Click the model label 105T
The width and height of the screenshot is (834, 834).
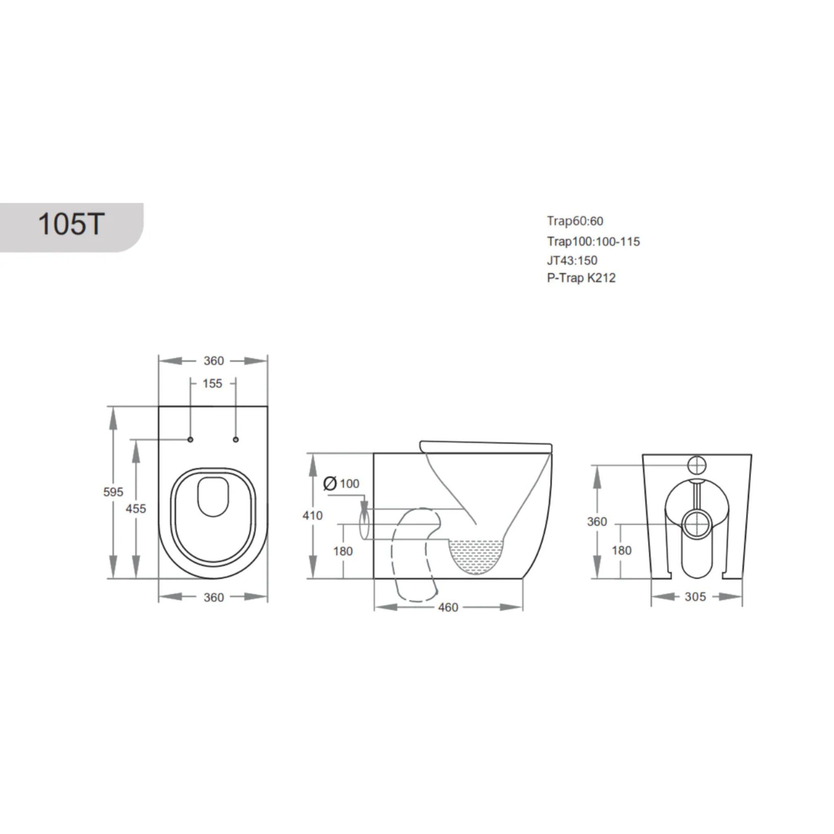point(71,224)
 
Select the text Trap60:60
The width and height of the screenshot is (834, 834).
point(575,221)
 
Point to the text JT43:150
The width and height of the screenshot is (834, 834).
point(572,260)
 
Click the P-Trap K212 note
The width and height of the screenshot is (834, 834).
point(581,278)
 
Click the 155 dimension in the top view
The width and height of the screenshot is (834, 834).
point(213,383)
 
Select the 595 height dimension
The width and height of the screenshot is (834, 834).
point(113,492)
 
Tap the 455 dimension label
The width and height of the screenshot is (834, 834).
point(136,509)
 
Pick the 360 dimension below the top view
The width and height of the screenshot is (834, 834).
point(214,597)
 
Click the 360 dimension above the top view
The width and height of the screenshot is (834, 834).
point(214,360)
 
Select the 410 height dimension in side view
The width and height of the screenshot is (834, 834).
point(312,516)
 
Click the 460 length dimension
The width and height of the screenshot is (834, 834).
point(448,607)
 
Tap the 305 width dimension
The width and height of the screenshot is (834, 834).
point(695,597)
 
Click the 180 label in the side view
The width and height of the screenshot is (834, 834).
point(343,551)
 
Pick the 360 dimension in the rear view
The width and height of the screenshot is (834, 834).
point(597,522)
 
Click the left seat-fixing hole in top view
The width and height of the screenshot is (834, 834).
point(190,439)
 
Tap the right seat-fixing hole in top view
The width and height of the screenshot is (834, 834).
point(236,439)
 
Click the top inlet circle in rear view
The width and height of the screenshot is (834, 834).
point(697,465)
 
